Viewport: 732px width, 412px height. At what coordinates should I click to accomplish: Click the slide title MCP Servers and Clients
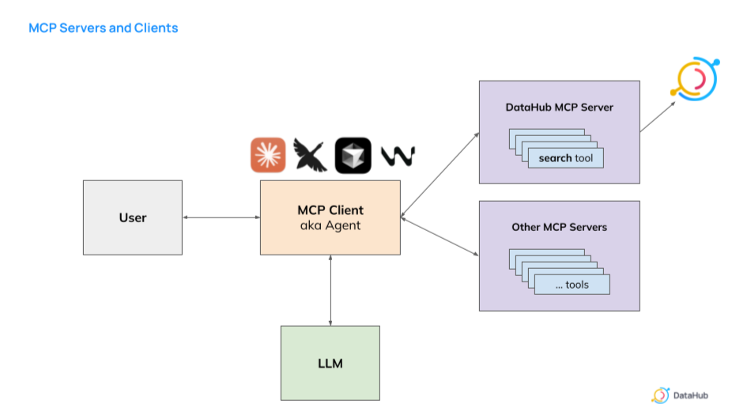coord(104,28)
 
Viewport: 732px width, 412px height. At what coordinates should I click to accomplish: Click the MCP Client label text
coord(330,210)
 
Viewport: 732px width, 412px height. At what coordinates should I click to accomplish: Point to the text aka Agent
coord(330,225)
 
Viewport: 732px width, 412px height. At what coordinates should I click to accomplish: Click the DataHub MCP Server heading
coord(559,107)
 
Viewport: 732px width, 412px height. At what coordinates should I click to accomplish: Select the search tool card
coord(565,158)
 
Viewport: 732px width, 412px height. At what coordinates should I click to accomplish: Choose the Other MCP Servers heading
coord(559,227)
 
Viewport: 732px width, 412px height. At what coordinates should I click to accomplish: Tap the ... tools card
coord(572,285)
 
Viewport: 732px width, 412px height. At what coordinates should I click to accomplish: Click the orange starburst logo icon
coord(268,155)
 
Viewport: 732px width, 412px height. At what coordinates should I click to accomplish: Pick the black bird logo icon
coord(311,155)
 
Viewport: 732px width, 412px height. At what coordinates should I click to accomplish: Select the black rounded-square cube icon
coord(353,155)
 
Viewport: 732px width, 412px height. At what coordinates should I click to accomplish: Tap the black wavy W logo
coord(398,156)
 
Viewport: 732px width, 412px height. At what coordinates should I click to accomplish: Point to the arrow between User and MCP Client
coord(221,217)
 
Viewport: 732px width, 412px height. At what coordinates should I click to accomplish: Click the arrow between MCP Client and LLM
coord(330,290)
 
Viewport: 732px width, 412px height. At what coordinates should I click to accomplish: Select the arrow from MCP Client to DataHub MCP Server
coord(440,174)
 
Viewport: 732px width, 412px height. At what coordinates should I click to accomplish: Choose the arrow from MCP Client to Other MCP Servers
coord(440,236)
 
